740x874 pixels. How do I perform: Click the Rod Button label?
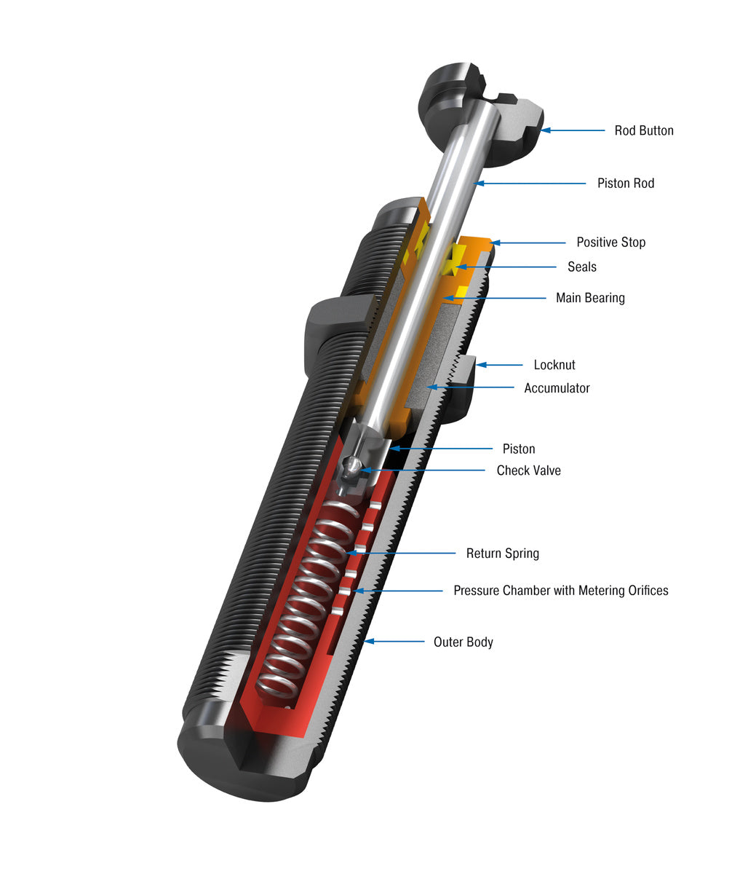point(643,131)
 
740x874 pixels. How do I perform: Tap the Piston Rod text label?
point(625,184)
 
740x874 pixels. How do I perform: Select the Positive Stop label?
point(610,243)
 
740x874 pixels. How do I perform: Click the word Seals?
point(581,267)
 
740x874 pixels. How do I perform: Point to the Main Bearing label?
point(589,298)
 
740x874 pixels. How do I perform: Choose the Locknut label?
point(554,365)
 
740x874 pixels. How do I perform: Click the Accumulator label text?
point(557,388)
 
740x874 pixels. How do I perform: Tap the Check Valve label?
point(528,471)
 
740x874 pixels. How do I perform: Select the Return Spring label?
point(502,554)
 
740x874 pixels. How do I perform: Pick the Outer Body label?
point(463,642)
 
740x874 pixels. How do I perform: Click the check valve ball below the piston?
point(352,467)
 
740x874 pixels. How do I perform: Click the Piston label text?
point(518,449)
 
